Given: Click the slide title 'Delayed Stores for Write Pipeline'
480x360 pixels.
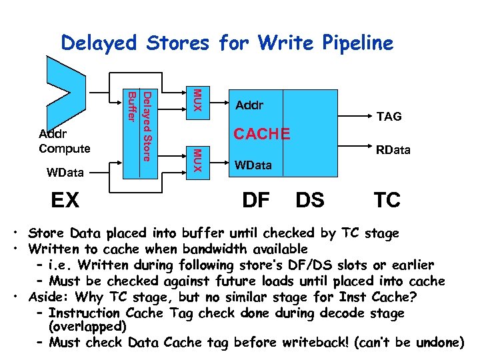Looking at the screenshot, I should point(227,43).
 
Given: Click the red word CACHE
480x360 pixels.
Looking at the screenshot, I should point(261,135).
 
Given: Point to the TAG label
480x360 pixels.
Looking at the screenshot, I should point(389,117).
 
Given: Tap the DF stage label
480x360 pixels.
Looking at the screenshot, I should point(256,199).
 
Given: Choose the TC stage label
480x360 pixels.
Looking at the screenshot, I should point(387,199).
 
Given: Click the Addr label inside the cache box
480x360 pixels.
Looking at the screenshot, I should point(249,105).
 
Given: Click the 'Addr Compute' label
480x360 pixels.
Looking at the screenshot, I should point(65,141).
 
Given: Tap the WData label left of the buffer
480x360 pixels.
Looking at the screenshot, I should point(65,173).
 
